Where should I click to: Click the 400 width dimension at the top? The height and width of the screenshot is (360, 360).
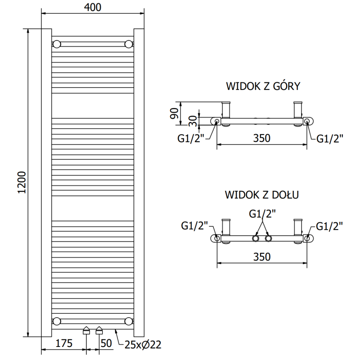coord(93,7)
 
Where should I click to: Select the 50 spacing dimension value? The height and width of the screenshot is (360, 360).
coord(106,344)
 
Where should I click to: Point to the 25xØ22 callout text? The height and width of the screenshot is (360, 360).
coord(142,345)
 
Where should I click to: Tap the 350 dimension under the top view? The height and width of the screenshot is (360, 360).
coord(261,138)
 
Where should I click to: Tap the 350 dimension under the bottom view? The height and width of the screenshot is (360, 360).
coord(261,256)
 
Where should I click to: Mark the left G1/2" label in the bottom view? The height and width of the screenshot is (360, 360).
coord(194,225)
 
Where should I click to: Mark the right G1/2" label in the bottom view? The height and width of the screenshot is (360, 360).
coord(330,225)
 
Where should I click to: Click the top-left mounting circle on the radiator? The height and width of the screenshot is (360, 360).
coord(57,44)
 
